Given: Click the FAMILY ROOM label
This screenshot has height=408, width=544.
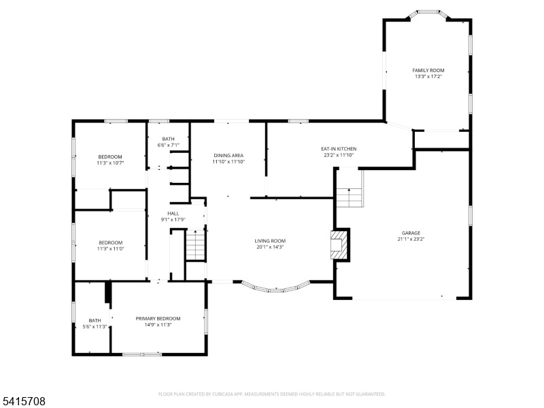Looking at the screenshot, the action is pos(428,71).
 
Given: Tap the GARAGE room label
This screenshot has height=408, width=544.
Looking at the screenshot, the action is pos(411,233).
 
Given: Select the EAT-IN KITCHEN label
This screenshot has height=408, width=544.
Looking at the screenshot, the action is pos(339,149).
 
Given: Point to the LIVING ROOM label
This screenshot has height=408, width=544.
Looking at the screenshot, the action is pos(270,241).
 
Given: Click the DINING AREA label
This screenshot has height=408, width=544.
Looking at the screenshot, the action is pos(228,156).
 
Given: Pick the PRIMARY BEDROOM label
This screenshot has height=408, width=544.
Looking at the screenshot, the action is pos(158,318).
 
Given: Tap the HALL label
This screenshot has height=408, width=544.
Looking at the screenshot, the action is pos(173,214).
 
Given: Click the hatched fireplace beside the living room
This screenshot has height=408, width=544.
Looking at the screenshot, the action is pos(339,245).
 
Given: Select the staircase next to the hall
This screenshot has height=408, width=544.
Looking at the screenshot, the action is pos(196,244).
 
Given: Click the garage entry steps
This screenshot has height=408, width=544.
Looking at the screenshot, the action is pos(350,197).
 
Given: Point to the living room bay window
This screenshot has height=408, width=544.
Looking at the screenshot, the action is pos(276,287).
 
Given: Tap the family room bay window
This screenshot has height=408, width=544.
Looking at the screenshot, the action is pos(428,14).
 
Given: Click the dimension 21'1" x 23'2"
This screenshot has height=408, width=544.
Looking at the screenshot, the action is pos(411,239).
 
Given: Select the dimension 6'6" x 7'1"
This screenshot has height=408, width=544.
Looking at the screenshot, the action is pos(168,145).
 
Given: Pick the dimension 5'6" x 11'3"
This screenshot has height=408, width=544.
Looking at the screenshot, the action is pos(95,326).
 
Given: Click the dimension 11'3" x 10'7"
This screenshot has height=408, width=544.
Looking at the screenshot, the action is pos(110,163).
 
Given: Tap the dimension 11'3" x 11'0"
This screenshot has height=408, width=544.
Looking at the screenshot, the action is pos(111,248).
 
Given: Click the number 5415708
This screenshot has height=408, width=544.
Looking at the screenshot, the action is pos(23,401).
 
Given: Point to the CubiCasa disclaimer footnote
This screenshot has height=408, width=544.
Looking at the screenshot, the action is pos(271,394).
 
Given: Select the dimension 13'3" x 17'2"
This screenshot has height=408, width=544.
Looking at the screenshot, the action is pos(428,76).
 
